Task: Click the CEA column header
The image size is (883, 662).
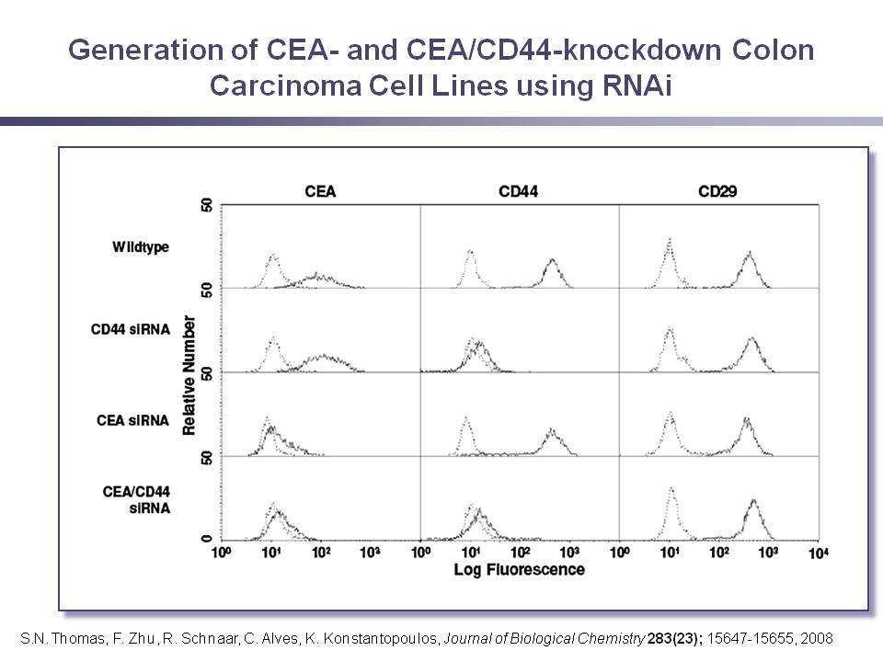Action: pyautogui.click(x=320, y=192)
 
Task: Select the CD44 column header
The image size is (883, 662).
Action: pyautogui.click(x=518, y=192)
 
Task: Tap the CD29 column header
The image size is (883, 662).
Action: pyautogui.click(x=717, y=192)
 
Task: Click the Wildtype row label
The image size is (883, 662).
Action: pyautogui.click(x=140, y=247)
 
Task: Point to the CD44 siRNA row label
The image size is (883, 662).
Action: pyautogui.click(x=130, y=329)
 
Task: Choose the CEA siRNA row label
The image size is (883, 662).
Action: pyautogui.click(x=132, y=420)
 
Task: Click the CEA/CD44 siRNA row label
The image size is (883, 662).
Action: pyautogui.click(x=136, y=500)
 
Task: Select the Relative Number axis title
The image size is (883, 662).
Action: pyautogui.click(x=189, y=375)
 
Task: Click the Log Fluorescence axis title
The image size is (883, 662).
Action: pyautogui.click(x=519, y=570)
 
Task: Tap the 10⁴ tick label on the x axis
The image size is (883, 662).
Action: pyautogui.click(x=819, y=554)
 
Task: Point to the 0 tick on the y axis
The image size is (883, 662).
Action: pyautogui.click(x=207, y=539)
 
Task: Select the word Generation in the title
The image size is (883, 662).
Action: pyautogui.click(x=145, y=50)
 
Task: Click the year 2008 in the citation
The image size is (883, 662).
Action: pyautogui.click(x=816, y=638)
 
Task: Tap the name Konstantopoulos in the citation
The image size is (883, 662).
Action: pyautogui.click(x=380, y=638)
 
